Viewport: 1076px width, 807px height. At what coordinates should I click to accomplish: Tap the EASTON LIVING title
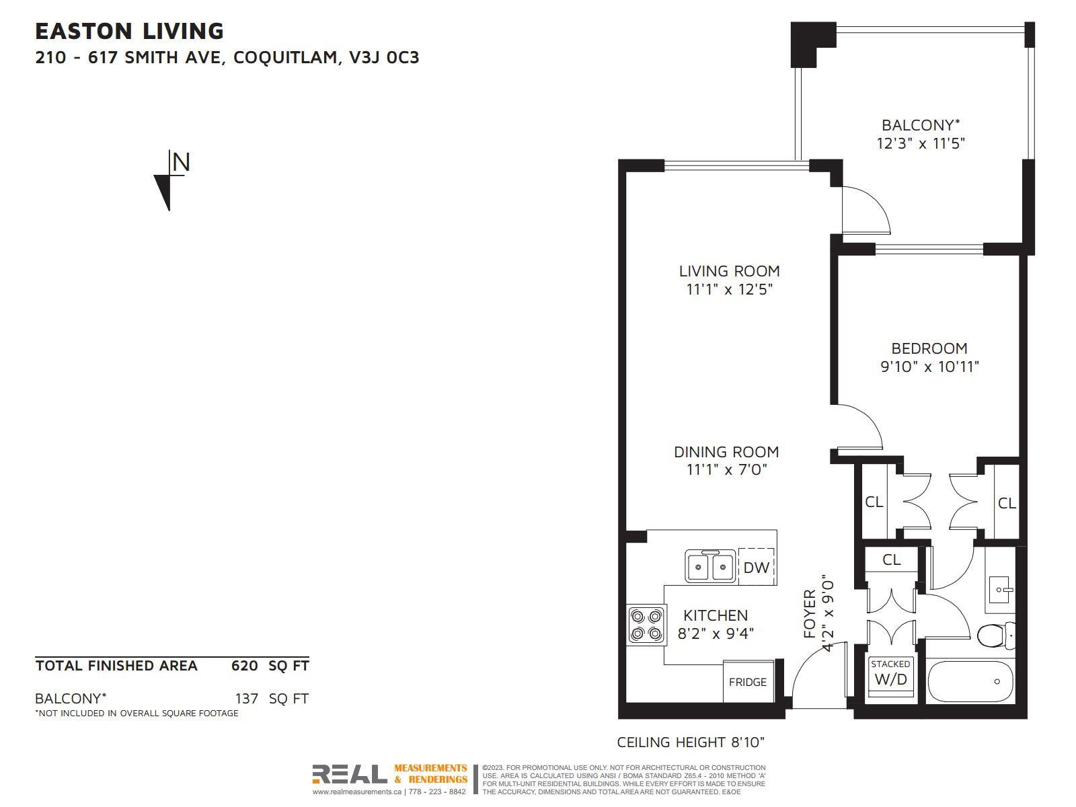pos(129,32)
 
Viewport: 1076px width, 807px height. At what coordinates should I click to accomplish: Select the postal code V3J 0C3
pos(384,57)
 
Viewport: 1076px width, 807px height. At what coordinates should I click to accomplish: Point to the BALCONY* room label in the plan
pos(921,126)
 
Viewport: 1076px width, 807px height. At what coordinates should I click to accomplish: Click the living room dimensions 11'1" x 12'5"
pos(730,290)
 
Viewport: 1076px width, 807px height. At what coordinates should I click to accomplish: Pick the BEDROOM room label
pos(929,348)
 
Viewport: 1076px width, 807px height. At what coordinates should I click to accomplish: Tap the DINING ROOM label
pos(726,452)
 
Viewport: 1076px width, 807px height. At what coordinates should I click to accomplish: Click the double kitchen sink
pos(710,566)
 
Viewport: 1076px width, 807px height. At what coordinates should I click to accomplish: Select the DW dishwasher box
pos(757,567)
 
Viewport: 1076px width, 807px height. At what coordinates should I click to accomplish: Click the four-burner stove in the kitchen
pos(646,625)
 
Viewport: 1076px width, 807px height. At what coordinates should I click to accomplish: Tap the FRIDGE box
pos(748,681)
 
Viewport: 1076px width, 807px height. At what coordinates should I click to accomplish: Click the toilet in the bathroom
pos(996,636)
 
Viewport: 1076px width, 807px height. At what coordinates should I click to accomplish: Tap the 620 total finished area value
pos(245,665)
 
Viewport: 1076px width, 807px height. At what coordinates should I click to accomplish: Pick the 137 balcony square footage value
pos(247,698)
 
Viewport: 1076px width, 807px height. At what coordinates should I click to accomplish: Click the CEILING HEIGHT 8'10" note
pos(691,742)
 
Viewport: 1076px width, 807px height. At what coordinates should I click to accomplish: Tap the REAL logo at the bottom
pos(350,774)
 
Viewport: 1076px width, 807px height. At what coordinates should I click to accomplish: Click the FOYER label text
pos(809,613)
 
